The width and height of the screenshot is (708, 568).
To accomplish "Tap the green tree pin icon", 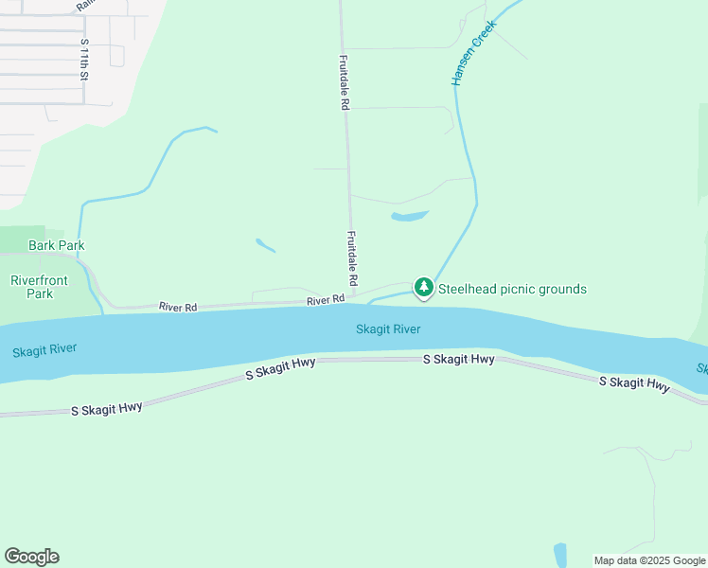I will pos(424,287).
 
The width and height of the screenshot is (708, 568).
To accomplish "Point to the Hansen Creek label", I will pos(472,57).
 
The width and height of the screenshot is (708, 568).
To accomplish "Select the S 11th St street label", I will pos(84,60).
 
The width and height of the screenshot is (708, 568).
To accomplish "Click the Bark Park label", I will pos(57,245).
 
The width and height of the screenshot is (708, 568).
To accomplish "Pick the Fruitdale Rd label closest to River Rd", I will pos(351,258).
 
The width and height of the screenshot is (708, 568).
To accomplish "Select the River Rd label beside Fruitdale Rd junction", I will pos(326,300).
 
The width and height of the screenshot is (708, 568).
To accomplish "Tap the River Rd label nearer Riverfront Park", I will pos(178,307).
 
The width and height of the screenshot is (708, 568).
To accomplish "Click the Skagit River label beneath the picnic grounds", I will pos(388,329).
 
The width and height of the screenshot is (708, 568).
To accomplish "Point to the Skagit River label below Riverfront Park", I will pos(44,350).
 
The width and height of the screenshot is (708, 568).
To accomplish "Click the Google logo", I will pos(31,557).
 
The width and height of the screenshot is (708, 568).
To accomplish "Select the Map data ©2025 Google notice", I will pos(648,560).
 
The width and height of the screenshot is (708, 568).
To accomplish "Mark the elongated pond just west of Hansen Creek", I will pos(410,216).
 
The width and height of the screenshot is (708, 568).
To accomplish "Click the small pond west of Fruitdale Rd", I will pos(266,245).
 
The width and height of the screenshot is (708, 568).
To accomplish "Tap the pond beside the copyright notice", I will pos(559,555).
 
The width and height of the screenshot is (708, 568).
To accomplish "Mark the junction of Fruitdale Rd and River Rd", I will pos(352,301).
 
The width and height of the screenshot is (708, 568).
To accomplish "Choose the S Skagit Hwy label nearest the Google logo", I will pos(107,409).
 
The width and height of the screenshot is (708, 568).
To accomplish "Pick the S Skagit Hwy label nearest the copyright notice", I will pos(634,382).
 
